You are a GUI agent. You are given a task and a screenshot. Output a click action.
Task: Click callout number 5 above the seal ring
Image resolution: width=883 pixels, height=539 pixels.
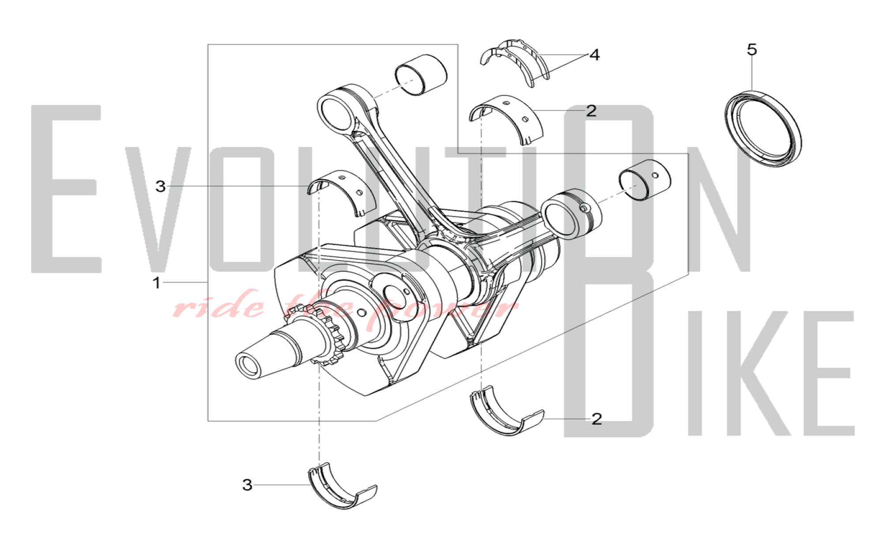[751, 49]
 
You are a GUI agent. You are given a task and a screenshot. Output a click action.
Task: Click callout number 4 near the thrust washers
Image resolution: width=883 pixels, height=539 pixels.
[594, 55]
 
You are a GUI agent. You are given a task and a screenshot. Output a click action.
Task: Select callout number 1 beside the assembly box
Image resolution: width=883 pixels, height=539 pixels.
[156, 283]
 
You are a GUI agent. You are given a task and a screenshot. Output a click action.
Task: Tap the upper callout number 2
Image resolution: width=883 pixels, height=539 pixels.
[591, 110]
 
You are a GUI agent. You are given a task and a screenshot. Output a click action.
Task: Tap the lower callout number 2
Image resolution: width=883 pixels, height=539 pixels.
[596, 419]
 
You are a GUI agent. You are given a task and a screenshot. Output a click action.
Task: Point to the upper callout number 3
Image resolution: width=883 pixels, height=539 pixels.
[160, 186]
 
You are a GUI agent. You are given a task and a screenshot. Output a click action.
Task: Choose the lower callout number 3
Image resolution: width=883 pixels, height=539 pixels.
[247, 485]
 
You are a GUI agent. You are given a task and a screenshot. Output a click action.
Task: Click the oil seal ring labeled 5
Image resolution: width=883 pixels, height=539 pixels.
[763, 129]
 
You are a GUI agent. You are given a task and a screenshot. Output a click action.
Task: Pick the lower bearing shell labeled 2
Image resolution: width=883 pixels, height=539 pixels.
[506, 411]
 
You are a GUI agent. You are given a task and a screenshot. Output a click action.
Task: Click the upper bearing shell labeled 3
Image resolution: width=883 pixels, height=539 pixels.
[342, 193]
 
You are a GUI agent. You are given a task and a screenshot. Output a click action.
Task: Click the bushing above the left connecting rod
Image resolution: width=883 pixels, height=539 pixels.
[421, 75]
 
